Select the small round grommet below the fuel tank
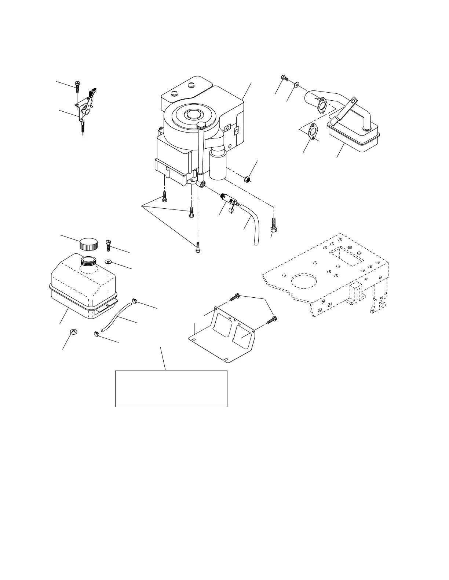tap(73, 331)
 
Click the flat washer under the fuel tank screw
tap(108, 262)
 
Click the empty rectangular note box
tap(171, 388)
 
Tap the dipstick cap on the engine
tap(201, 126)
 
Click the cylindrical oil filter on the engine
tap(218, 165)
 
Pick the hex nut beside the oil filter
tap(247, 179)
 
